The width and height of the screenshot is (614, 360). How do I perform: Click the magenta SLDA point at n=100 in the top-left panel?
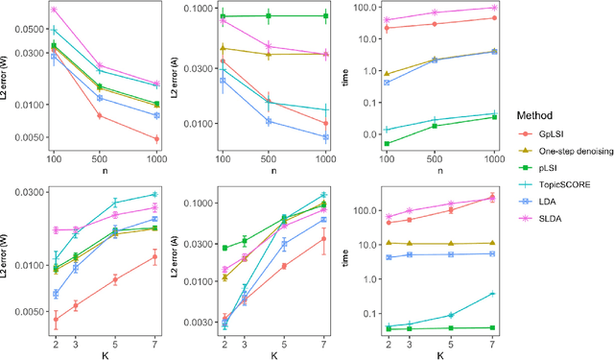(x=54, y=10)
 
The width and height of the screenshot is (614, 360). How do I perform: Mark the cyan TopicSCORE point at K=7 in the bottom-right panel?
(x=493, y=294)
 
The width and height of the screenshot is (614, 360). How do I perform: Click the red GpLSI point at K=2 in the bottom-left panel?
(x=55, y=319)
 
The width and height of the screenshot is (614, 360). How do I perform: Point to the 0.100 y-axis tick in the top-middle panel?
(x=195, y=9)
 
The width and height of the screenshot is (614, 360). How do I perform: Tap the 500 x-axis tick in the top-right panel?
(x=434, y=157)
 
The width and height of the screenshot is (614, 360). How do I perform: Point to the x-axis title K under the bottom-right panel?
(x=440, y=353)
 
